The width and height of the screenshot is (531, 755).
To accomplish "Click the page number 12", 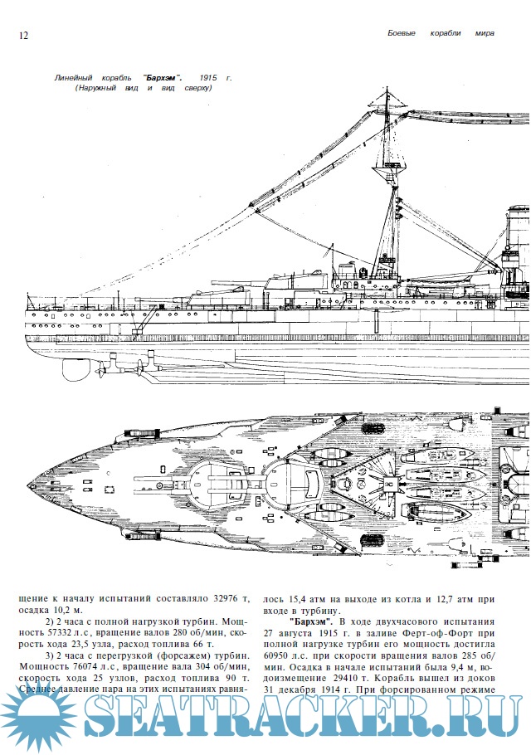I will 22,35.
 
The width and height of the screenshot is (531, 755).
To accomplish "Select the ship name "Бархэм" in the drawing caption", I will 163,76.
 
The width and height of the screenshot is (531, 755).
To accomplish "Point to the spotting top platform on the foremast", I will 388,170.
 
